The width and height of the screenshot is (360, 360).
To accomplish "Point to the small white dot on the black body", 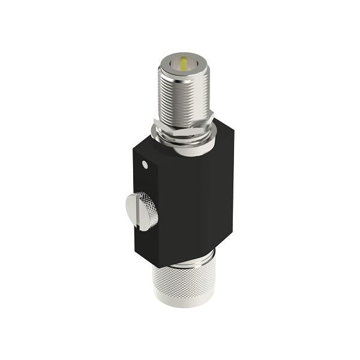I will [145, 163].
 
